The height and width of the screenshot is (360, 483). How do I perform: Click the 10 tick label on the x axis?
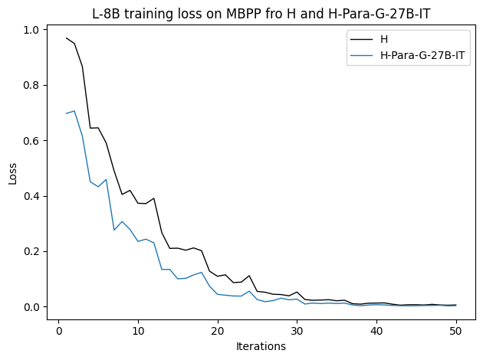click(138, 330)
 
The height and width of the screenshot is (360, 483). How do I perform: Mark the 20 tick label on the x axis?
click(218, 330)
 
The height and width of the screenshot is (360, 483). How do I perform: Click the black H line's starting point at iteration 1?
click(67, 38)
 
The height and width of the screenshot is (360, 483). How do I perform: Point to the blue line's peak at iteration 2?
click(74, 111)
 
